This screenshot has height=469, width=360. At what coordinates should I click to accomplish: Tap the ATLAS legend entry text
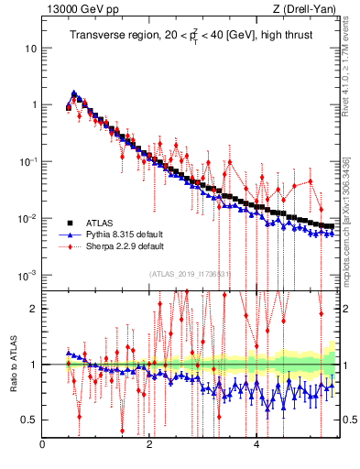pos(101,222)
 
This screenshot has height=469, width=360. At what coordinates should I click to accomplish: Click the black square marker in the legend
pos(68,222)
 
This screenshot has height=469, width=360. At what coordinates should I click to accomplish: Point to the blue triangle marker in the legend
pos(68,234)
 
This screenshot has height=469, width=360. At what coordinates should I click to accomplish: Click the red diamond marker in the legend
pos(68,245)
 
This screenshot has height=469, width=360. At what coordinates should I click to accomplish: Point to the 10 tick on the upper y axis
pos(31,48)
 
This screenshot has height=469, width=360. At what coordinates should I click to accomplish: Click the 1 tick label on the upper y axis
pos(34,104)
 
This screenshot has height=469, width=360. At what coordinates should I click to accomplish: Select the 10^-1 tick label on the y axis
pos(29,161)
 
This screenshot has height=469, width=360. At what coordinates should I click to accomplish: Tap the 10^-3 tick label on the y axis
pos(29,275)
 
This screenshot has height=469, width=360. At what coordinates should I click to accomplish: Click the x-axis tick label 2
pos(149,445)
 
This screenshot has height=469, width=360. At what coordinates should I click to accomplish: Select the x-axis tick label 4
pos(256,445)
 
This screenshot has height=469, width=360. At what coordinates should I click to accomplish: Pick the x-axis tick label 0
pos(43,445)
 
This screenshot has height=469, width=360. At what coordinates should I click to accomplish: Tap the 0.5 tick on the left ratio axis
pos(30,420)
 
